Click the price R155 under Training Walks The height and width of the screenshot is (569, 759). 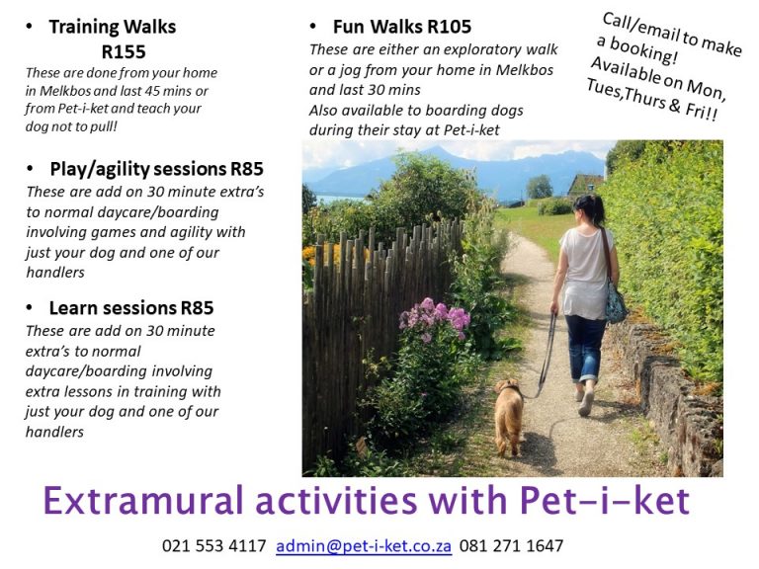pos(124,51)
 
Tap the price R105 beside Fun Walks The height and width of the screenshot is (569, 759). pos(450,27)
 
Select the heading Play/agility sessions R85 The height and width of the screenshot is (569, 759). pos(156,169)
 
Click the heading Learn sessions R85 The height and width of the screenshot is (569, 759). pos(131,308)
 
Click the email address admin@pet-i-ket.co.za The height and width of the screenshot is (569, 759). pos(364,545)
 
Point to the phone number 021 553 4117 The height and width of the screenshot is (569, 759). pos(213,545)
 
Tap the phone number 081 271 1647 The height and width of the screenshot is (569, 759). pos(511,545)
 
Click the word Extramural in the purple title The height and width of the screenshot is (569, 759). pos(143,500)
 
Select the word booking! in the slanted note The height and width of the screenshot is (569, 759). pos(642,49)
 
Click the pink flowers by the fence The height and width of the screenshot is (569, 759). pos(435,317)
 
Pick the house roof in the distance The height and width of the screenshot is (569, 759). pos(587,183)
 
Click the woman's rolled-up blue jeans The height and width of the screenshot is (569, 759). pos(586,347)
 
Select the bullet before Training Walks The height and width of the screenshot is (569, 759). pos(30,27)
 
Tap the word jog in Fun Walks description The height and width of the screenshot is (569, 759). pos(350,71)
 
